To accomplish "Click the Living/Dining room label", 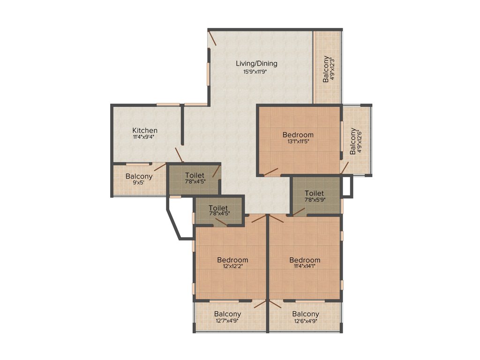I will [256, 63].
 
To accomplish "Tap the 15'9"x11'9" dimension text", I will [256, 72].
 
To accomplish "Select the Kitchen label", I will [144, 130].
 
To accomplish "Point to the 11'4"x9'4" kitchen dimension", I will [144, 137].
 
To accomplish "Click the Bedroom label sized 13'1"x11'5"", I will [298, 135].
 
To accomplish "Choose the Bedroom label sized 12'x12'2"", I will [232, 260].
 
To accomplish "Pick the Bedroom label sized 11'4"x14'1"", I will [305, 260].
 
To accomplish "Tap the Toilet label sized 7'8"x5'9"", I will [314, 193].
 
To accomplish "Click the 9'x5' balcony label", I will [139, 177].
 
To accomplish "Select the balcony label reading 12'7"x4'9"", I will [227, 314].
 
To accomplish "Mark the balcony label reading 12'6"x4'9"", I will [305, 314].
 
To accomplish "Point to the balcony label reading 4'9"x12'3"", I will [328, 69].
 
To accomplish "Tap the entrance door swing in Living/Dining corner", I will [213, 38].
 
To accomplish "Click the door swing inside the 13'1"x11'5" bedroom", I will [270, 172].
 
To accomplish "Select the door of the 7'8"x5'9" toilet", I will [299, 210].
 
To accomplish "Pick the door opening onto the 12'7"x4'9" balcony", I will [259, 304].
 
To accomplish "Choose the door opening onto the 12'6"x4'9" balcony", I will [275, 304].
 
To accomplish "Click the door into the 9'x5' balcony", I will [160, 167].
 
